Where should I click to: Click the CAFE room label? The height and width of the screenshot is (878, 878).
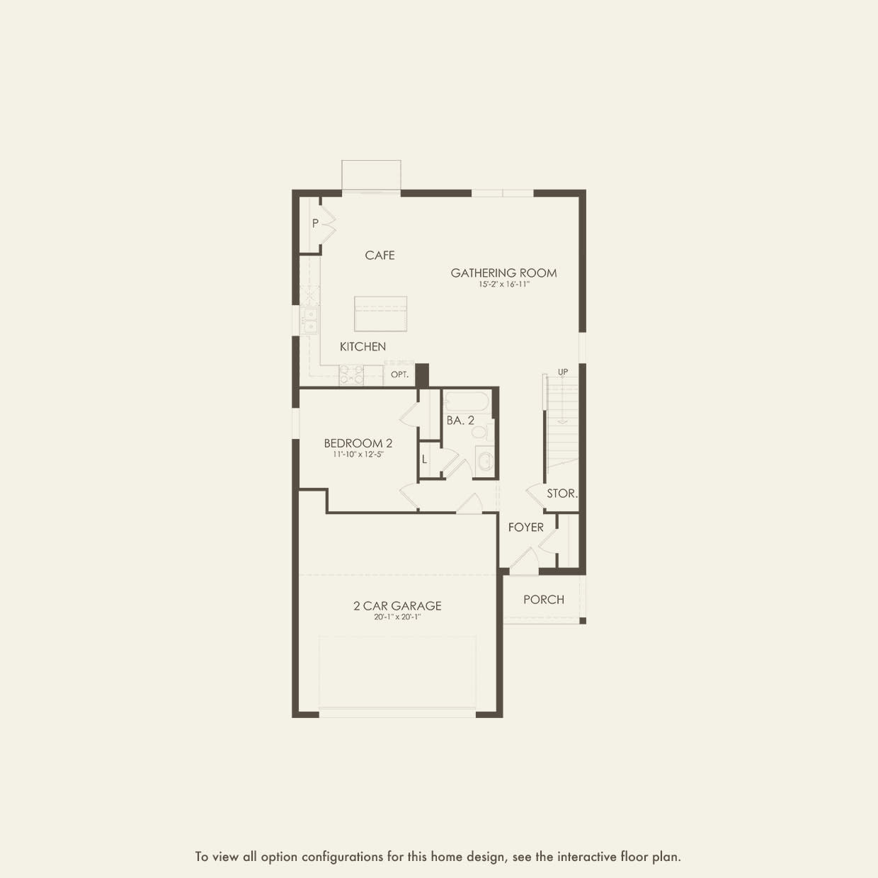point(380,255)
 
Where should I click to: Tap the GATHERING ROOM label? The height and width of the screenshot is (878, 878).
point(503,273)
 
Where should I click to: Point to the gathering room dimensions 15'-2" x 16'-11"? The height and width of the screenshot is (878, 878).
point(504,285)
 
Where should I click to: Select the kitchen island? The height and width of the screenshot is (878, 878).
point(380,314)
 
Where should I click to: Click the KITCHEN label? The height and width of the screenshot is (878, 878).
point(363,347)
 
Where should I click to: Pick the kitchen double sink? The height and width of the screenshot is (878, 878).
point(309,321)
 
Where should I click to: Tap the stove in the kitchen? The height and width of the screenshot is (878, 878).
point(352,375)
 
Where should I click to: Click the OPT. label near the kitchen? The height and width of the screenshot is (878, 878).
point(399,375)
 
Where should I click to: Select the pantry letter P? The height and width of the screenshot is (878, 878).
point(315,223)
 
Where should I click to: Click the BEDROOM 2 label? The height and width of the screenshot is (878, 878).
point(358,443)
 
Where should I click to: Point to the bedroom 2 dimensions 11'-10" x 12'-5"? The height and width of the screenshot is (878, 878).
point(358,454)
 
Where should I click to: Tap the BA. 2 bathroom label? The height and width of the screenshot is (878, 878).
point(460,421)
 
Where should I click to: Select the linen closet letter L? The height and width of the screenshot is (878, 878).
point(425,460)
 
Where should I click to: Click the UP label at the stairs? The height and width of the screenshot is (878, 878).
point(563,372)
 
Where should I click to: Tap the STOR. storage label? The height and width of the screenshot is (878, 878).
point(562,493)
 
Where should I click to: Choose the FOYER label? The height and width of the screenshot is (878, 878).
point(526,528)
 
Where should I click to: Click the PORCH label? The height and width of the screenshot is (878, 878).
point(544,599)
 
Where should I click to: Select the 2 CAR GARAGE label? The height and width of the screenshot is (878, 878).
point(397,605)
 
